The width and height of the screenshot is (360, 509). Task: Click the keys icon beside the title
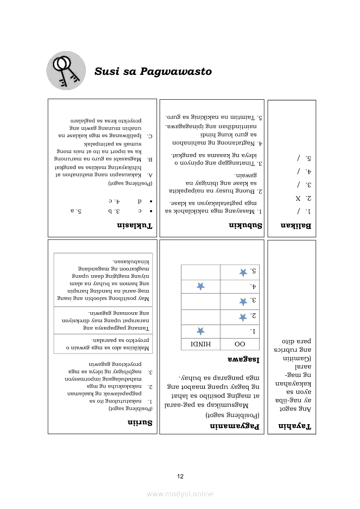coord(66,70)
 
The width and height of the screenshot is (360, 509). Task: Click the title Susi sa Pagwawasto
coord(153,71)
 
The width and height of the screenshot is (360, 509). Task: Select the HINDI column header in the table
coord(200,344)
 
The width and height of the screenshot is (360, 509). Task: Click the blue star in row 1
coord(200,330)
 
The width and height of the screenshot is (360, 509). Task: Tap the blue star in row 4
coord(200,286)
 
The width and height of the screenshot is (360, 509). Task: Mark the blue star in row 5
coord(243,272)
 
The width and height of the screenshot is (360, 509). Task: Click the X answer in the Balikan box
coord(298,198)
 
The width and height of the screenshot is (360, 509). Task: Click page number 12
coord(180,476)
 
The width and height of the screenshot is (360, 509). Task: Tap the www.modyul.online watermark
coord(180,494)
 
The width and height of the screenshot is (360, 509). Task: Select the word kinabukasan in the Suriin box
coord(131,261)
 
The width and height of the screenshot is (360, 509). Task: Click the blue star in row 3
coord(243,301)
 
